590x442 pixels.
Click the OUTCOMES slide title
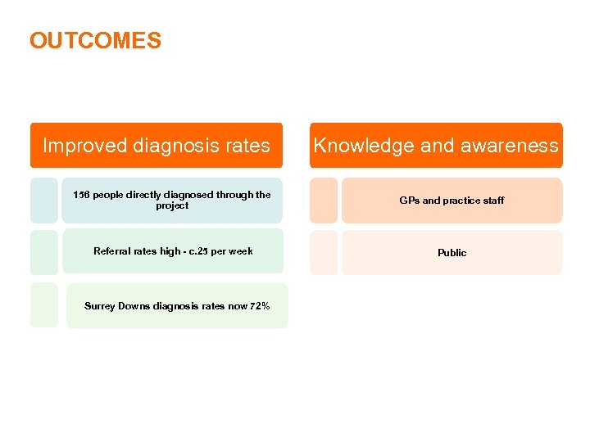tap(95, 41)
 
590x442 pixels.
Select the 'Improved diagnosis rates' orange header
tap(156, 146)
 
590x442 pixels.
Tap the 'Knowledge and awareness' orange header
tap(436, 146)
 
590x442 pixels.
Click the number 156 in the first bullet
tap(81, 195)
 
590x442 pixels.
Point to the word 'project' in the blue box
tap(172, 206)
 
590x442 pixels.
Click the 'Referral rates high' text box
tap(172, 251)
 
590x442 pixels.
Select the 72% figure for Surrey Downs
tap(260, 306)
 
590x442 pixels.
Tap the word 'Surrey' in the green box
tap(100, 306)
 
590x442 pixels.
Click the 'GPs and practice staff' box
tap(452, 201)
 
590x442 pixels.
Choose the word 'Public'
tap(452, 253)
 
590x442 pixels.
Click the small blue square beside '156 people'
tap(44, 201)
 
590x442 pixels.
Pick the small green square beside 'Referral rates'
tap(44, 252)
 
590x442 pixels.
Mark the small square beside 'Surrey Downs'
tap(44, 305)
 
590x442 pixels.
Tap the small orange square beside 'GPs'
tap(324, 201)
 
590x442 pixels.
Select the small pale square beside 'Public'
tap(324, 252)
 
